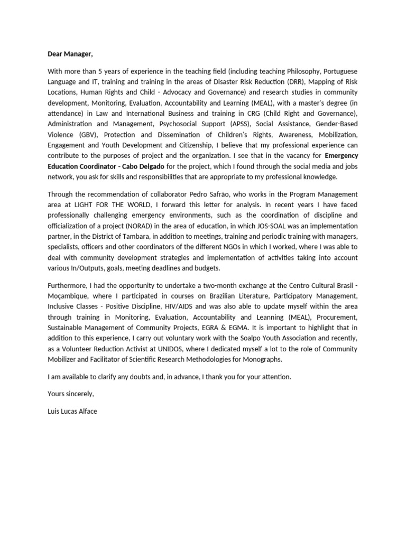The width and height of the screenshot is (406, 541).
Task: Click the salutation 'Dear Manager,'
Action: click(x=70, y=54)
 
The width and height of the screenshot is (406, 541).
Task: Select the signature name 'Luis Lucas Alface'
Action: click(x=72, y=411)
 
